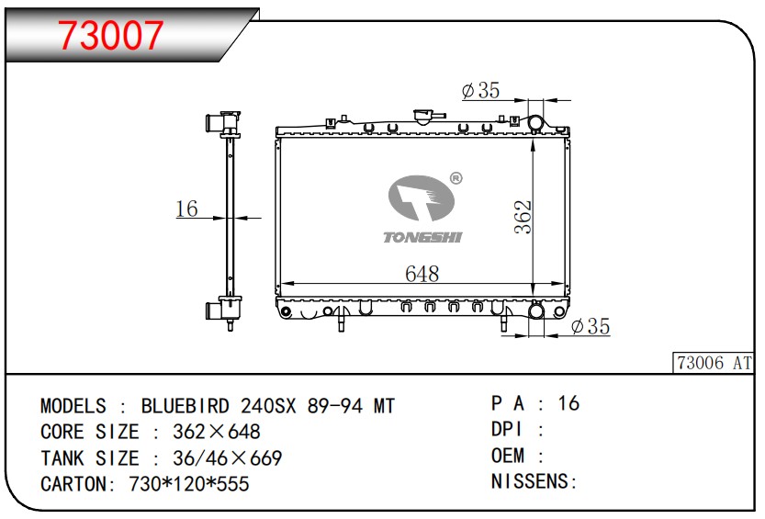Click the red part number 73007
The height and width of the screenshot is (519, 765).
[110, 35]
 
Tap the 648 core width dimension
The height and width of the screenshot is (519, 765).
[422, 273]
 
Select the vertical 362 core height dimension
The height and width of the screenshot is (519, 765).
[523, 217]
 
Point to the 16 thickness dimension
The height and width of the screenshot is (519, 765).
[186, 209]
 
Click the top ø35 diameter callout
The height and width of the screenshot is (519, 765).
[480, 90]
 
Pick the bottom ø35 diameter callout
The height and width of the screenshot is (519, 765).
[591, 326]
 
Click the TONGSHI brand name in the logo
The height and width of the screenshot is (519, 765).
[422, 238]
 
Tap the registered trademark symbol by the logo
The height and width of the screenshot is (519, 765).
[456, 178]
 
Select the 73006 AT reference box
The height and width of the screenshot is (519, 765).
[714, 363]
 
